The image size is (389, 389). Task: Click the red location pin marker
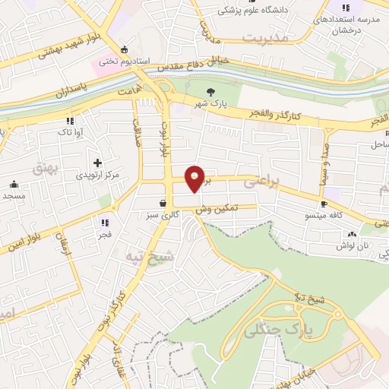[195, 178]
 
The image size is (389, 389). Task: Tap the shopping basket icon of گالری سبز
[163, 203]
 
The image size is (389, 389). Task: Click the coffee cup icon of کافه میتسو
[324, 204]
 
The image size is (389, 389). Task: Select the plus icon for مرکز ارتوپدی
[97, 163]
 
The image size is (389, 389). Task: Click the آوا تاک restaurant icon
[69, 120]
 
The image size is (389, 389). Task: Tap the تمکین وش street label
[217, 207]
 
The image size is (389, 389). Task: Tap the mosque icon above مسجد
[14, 183]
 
